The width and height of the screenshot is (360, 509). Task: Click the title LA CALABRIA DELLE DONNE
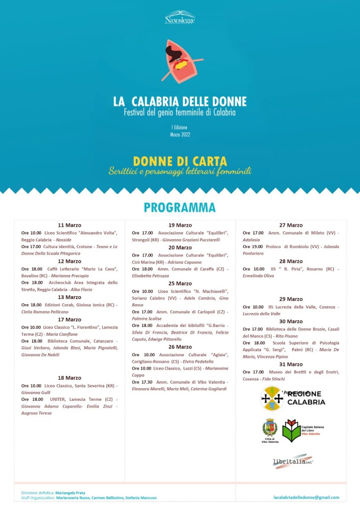click(180, 102)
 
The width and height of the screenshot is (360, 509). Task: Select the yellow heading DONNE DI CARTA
click(180, 162)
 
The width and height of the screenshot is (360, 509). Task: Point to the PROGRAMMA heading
click(180, 207)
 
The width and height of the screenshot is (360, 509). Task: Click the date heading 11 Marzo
click(70, 225)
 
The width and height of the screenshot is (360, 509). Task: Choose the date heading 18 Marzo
click(70, 378)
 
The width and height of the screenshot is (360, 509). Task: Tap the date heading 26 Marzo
click(180, 347)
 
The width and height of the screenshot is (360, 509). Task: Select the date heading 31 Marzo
click(291, 364)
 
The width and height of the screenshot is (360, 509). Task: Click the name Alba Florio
click(82, 290)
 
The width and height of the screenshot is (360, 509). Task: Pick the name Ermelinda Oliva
click(259, 276)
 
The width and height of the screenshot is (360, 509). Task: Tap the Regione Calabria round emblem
click(272, 398)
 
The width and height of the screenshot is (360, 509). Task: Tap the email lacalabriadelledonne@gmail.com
click(307, 497)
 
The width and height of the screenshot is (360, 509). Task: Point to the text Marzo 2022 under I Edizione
click(180, 135)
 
